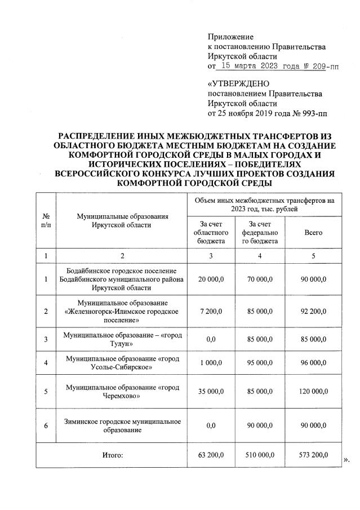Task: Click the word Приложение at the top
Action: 231,36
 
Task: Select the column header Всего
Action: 313,232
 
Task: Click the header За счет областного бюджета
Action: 210,232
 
